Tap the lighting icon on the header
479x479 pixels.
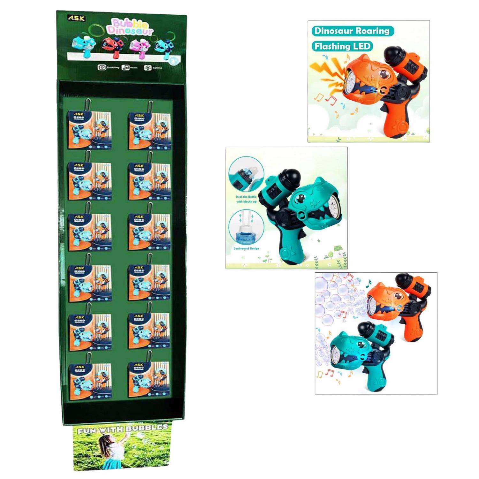click(148, 67)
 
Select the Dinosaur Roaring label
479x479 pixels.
click(352, 31)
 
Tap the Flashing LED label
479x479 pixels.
click(342, 46)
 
